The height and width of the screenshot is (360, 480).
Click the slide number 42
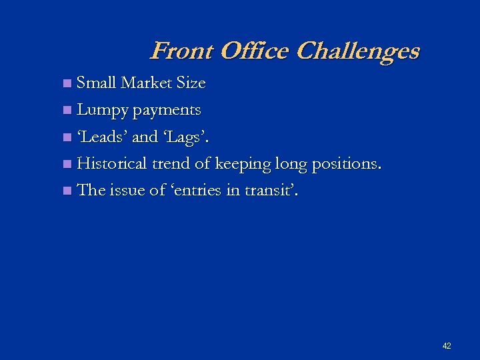[x=447, y=346]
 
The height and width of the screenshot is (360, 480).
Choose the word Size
[x=191, y=83]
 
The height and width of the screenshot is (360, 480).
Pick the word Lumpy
[x=103, y=111]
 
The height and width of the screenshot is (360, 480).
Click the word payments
[x=167, y=111]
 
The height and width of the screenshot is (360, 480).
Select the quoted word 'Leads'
[x=103, y=137]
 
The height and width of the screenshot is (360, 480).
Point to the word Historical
[x=113, y=163]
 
